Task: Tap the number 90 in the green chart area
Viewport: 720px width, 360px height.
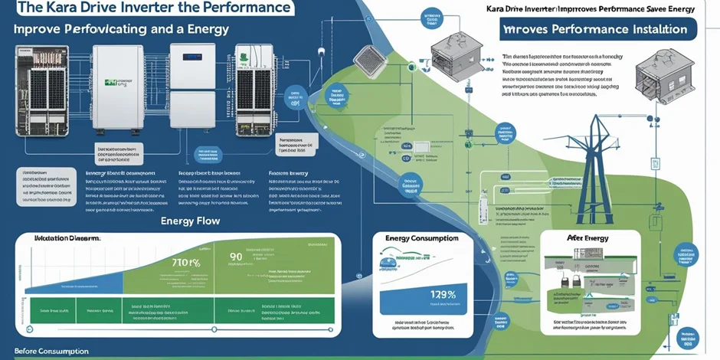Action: point(236,256)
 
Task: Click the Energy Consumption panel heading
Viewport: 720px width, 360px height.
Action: point(421,239)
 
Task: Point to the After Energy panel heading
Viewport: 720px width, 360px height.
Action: point(587,238)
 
